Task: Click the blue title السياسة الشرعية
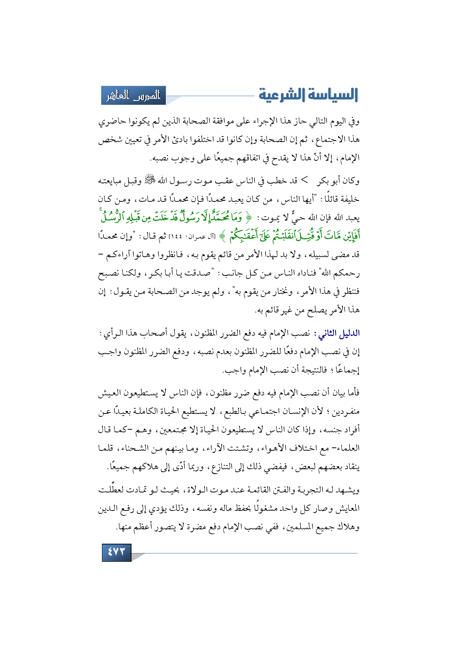308,95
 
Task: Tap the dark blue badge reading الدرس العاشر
134,96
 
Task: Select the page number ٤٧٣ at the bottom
116,552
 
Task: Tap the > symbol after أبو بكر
304,180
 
